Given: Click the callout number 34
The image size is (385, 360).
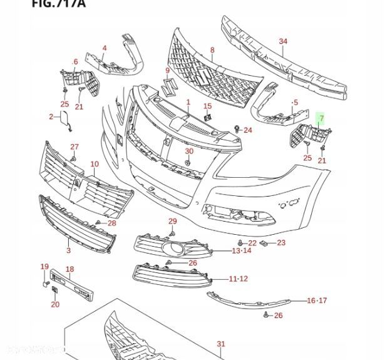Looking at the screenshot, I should point(283,42).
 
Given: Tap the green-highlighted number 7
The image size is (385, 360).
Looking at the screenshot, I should point(322,118).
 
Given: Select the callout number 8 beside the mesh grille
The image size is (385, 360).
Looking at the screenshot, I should point(212,50).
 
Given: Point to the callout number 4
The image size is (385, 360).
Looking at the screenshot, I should point(105,48).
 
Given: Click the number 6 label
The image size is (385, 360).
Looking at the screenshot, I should point(76,62).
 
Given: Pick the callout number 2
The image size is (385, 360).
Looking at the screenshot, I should point(51,116).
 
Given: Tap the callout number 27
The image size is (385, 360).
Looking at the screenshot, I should point(74,147).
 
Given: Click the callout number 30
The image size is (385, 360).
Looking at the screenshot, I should point(189,152).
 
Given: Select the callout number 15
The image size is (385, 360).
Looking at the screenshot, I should point(207,106).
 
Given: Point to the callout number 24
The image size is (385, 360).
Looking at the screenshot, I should point(248,130).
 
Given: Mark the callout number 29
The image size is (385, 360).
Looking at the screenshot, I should point(173,222).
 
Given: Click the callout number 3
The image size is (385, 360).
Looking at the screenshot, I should point(68,250).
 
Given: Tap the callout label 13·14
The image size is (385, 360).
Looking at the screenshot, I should point(241,250).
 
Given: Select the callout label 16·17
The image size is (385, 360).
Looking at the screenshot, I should point(317,301).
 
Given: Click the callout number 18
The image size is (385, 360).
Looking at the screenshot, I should point(70,269).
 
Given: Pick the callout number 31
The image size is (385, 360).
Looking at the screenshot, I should point(220,344).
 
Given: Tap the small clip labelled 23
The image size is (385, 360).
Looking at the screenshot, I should point(265,242).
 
